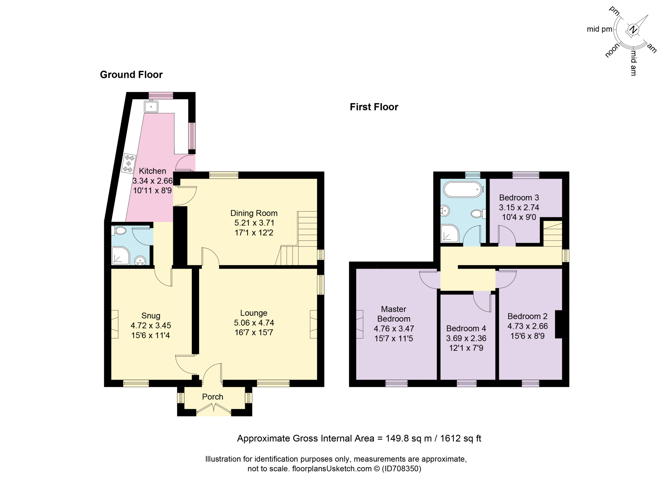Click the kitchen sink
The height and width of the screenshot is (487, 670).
pyautogui.click(x=151, y=106)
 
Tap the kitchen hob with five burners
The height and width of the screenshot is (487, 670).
pyautogui.click(x=129, y=163)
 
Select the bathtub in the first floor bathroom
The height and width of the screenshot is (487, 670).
pyautogui.click(x=464, y=189)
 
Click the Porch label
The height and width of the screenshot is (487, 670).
pyautogui.click(x=213, y=397)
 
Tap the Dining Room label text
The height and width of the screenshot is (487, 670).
pyautogui.click(x=254, y=213)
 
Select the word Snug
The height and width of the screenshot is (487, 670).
pyautogui.click(x=151, y=315)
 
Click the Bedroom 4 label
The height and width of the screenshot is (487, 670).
pyautogui.click(x=466, y=328)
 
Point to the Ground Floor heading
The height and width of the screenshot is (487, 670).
pyautogui.click(x=131, y=75)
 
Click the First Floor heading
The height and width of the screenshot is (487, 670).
pyautogui.click(x=374, y=107)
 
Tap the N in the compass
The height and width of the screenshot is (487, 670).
pyautogui.click(x=633, y=30)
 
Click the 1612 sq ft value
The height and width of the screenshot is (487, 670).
pyautogui.click(x=461, y=438)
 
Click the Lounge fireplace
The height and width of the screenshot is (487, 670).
pyautogui.click(x=314, y=324)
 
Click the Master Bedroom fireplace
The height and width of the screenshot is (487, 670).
pyautogui.click(x=360, y=324)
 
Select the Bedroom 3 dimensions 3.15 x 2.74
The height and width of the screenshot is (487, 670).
pyautogui.click(x=519, y=207)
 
